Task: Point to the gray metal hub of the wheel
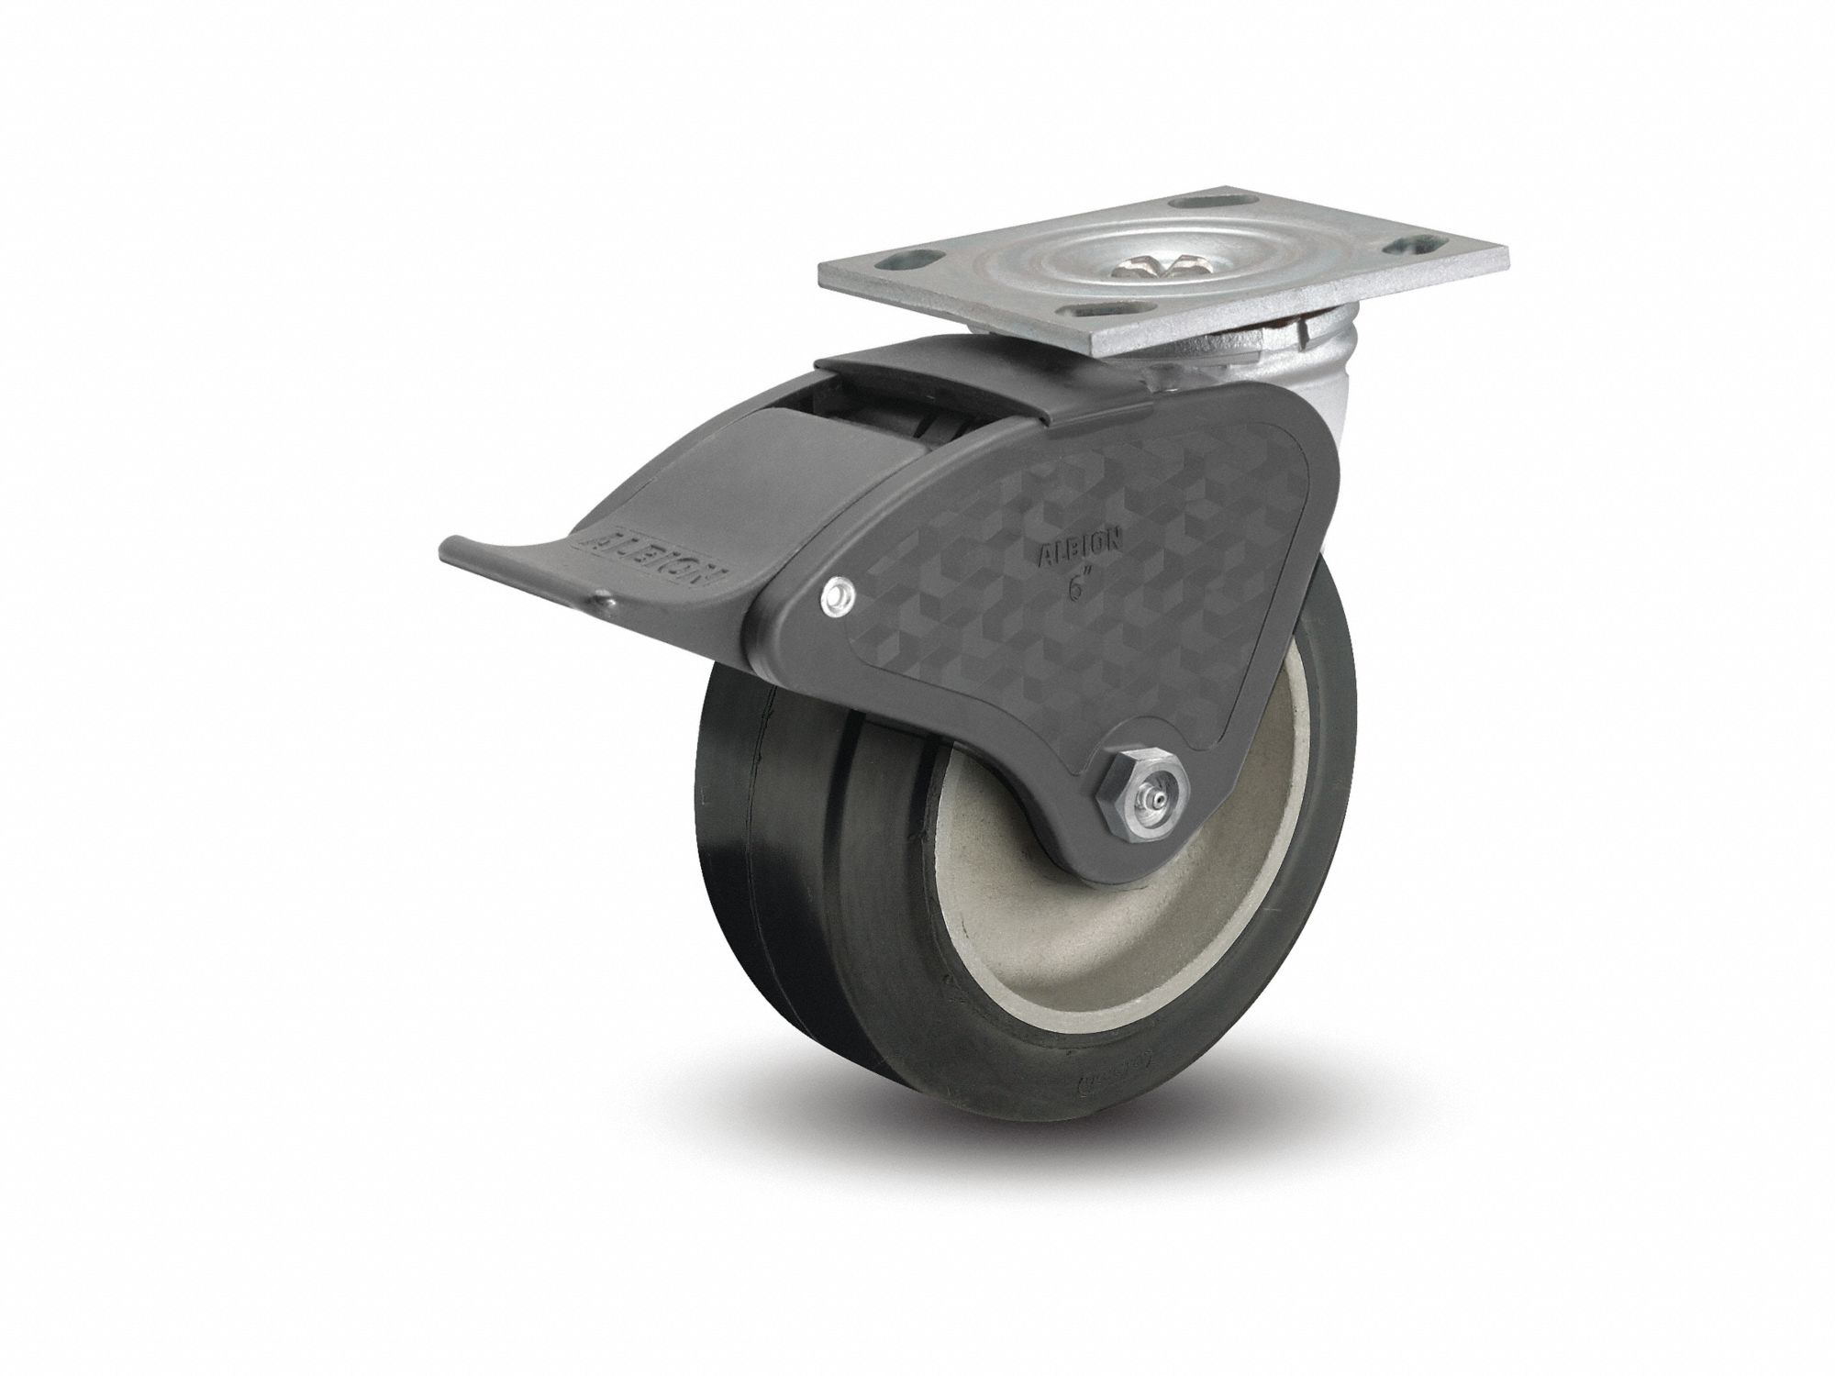pos(1028,917)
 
